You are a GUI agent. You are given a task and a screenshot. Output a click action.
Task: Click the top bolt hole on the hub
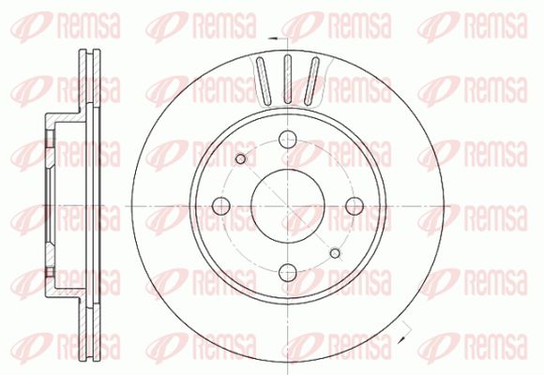[x=288, y=139]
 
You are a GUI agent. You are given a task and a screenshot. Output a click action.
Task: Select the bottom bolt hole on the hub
[x=288, y=272]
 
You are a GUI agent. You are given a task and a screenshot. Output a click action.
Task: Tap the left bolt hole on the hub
[x=221, y=206]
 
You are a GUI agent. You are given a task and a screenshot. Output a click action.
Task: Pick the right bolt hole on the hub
[x=355, y=206]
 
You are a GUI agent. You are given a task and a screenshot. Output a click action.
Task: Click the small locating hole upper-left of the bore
[x=240, y=159]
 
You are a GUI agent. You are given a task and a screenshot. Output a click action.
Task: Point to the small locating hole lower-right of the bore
[x=335, y=253]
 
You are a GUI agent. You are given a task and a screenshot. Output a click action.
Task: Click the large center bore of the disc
[x=288, y=206]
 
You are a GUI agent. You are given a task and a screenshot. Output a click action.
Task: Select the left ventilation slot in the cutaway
[x=264, y=81]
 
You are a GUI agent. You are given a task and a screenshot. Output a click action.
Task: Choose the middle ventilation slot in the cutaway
[x=288, y=79]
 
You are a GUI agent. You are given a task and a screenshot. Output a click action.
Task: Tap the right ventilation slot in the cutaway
[x=311, y=81]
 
